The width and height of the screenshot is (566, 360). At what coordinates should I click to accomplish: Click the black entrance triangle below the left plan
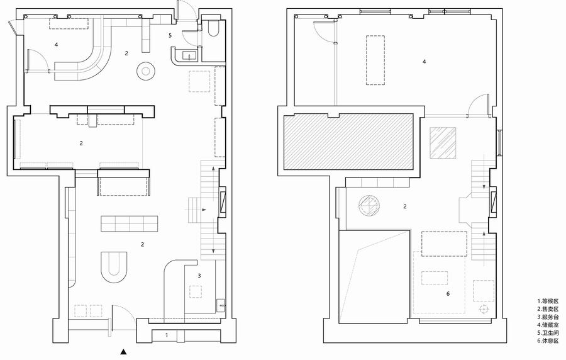click(x=124, y=351)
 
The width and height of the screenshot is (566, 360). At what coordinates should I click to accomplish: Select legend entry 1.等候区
click(x=548, y=301)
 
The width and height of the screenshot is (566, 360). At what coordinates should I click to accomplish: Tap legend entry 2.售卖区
click(x=548, y=309)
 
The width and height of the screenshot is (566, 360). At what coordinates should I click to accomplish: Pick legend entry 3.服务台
click(x=548, y=317)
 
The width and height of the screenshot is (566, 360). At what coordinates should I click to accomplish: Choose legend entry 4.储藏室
click(x=548, y=325)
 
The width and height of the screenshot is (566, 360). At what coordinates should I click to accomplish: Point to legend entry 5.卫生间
click(x=548, y=333)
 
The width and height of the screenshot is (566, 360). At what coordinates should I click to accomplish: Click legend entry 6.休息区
click(x=548, y=341)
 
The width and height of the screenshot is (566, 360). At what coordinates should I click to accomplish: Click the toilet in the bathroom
click(x=213, y=28)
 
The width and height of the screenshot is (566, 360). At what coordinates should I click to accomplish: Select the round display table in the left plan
click(x=146, y=71)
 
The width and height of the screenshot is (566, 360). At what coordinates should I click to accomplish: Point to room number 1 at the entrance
click(x=167, y=335)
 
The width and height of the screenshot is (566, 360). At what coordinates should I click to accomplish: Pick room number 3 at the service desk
click(x=199, y=276)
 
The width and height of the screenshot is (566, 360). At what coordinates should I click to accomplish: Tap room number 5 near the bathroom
click(x=170, y=35)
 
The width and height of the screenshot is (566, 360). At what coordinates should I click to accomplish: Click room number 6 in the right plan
click(x=448, y=293)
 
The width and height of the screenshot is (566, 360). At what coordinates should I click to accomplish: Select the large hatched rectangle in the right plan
click(x=348, y=142)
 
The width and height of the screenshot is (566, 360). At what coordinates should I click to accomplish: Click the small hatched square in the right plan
click(x=443, y=143)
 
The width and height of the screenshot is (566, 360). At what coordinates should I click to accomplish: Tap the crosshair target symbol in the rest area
click(x=483, y=309)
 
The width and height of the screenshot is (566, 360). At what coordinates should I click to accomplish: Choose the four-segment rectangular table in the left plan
click(x=130, y=224)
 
